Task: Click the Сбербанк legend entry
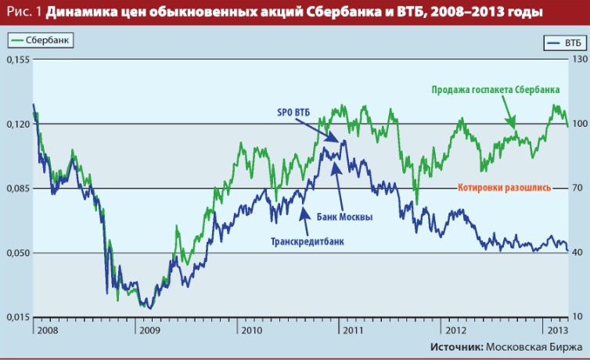coord(39,38)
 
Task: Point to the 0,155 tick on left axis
coord(16,59)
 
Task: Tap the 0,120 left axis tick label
coord(16,124)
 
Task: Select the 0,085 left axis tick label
coord(16,188)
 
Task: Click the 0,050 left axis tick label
coord(16,253)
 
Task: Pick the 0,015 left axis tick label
coord(16,316)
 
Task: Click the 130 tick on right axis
coord(577,59)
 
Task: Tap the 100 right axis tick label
coord(577,124)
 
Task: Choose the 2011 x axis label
coord(352,329)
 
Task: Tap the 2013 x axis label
coord(553,329)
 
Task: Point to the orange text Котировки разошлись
coord(503,188)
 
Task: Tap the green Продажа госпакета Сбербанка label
coord(495,89)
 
